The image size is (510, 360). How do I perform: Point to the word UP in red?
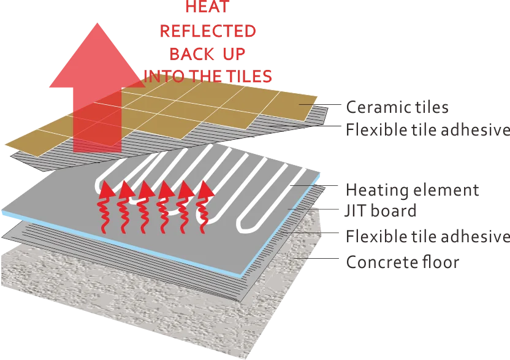pyautogui.click(x=231, y=54)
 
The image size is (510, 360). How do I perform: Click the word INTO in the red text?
pyautogui.click(x=162, y=76)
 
